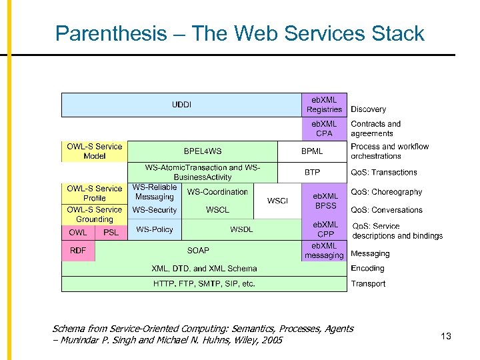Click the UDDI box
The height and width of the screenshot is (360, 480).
[x=181, y=105]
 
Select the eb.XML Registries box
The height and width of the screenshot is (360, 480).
[x=324, y=105]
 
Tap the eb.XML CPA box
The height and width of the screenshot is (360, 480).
[x=324, y=128]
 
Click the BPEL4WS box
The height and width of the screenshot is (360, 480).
[x=203, y=151]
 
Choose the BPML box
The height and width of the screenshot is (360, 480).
[x=312, y=151]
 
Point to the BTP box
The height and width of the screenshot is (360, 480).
[x=312, y=172]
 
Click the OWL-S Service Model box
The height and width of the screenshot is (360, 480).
[x=94, y=151]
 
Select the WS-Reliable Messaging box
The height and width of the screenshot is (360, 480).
[x=154, y=192]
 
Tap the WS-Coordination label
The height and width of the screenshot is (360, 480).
[x=217, y=192]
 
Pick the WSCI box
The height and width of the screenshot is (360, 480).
[x=277, y=201]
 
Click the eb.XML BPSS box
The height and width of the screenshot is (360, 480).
[x=325, y=201]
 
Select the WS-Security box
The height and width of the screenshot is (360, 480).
[x=154, y=210]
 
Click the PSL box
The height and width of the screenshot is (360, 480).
[x=111, y=233]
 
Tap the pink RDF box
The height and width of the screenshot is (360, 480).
[x=78, y=251]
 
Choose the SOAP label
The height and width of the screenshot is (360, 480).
[x=198, y=251]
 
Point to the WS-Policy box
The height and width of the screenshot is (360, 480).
[x=154, y=229]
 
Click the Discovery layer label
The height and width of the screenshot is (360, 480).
[x=368, y=109]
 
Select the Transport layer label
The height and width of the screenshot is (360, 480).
[x=368, y=284]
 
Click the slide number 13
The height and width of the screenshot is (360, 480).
[x=446, y=336]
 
